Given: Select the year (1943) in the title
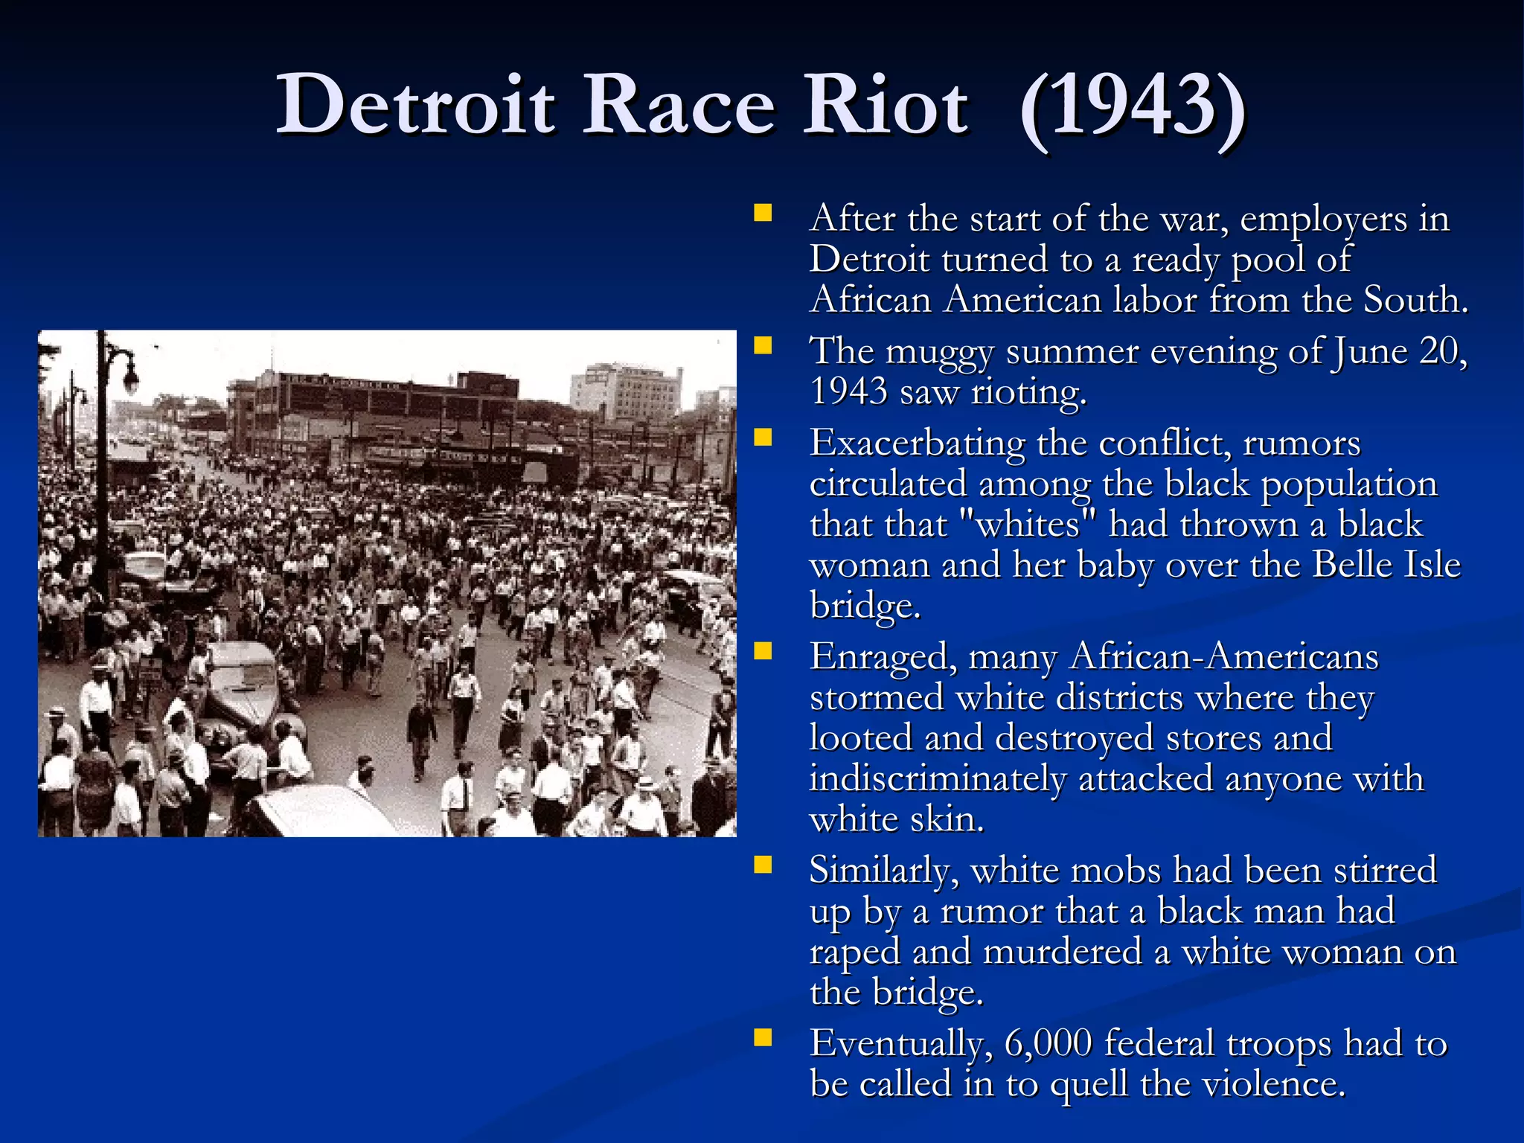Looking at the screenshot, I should [1132, 106].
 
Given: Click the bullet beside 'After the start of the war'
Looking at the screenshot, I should [762, 215].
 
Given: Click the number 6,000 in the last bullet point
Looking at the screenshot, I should [1048, 1043].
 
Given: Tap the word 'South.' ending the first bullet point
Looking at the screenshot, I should [1415, 300].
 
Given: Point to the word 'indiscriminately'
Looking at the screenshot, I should [938, 779].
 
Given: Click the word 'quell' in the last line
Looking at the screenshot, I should [1089, 1084].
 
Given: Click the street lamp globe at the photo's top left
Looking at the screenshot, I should [129, 380].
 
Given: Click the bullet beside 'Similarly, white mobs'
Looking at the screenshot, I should [762, 865].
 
